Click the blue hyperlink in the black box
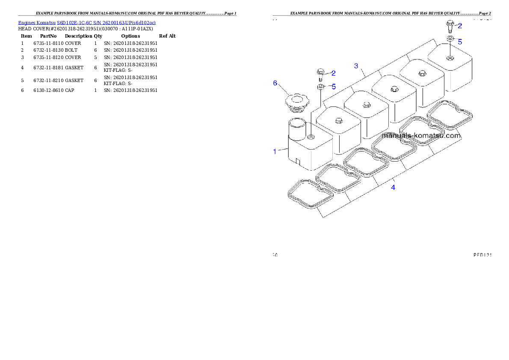pos(87,22)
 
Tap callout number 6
pos(275,83)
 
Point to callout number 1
pos(275,151)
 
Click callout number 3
pos(356,66)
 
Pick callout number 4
pos(393,187)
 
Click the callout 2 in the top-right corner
pos(460,26)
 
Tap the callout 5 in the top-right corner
pos(460,42)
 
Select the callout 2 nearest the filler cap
pos(334,73)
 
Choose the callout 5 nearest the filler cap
pos(334,86)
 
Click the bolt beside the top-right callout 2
pos(450,25)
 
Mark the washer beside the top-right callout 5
pos(450,39)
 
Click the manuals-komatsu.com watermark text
pos(421,136)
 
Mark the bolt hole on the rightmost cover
pos(450,57)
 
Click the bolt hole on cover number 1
pos(311,138)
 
